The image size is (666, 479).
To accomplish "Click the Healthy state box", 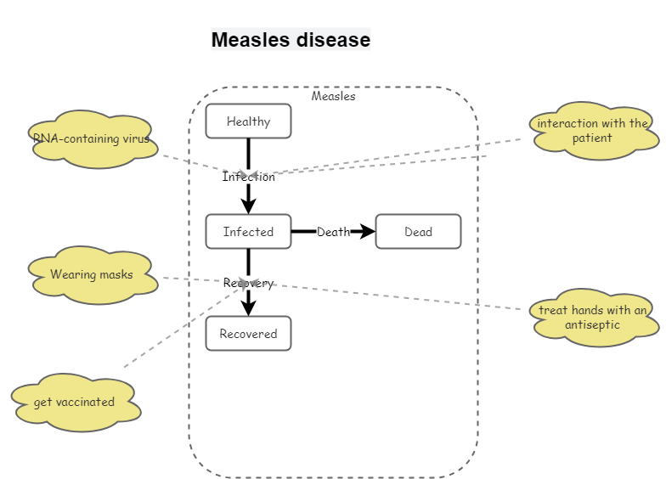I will pos(248,121).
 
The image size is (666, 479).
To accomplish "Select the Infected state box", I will pos(248,232).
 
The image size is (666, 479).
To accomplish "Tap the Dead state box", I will pos(418,232).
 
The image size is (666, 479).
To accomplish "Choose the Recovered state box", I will pos(248,334).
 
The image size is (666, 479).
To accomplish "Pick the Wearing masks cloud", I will pos(92,275).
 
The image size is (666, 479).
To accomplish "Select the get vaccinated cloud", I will pos(75,403).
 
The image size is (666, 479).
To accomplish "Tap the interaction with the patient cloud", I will pos(593,131).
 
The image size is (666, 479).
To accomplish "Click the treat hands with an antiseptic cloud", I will pos(593,318).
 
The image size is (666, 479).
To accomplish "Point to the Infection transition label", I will pos(249,178).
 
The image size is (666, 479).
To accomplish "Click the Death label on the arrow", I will pos(333,232).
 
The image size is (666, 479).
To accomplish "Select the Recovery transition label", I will pos(249,284).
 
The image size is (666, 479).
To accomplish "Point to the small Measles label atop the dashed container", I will pos(334,96).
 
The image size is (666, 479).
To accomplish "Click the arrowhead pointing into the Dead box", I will pos(368,232).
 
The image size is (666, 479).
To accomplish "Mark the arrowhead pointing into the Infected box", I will pos(249,206).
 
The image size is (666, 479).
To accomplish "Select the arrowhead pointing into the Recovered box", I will pos(249,308).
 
